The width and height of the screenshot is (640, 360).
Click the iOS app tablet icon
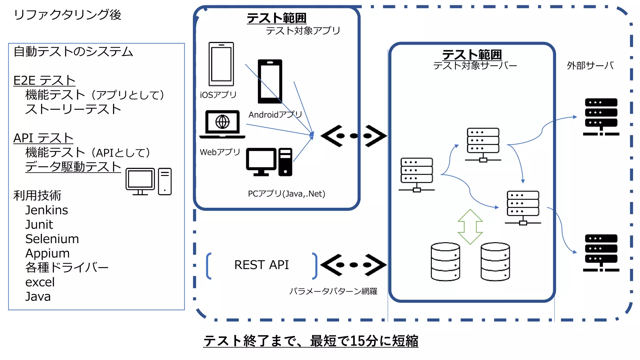pos(221,64)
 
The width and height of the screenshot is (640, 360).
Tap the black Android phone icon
pos(270,81)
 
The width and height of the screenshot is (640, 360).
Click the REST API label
pos(261,265)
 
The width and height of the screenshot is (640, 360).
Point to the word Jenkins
pos(47,210)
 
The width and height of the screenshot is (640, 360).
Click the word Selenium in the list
pos(52,239)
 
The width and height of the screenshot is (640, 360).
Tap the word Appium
pos(47,253)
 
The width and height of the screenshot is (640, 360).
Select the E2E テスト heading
pos(44,81)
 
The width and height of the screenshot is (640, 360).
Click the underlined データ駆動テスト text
pos(73,167)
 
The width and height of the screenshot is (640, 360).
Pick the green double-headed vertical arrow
pos(470,227)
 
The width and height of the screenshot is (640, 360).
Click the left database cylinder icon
pos(445,262)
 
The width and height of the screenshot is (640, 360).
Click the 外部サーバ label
pos(590,66)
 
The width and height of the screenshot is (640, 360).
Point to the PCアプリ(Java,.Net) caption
pos(286,194)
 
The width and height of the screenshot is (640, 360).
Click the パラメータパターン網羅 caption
pos(333,291)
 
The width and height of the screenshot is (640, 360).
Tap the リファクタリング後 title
pos(67,15)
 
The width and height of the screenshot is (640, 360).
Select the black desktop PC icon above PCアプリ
pos(269,162)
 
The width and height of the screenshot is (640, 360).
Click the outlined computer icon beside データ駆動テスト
pos(148,182)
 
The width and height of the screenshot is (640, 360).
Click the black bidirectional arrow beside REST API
pos(353,265)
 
